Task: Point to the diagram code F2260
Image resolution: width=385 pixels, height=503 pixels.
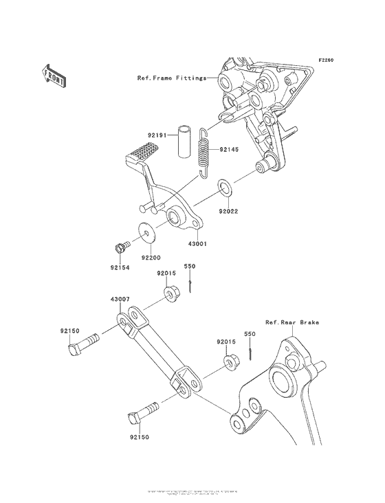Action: pos(325,60)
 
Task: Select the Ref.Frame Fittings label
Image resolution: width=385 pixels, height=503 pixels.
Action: pos(171,79)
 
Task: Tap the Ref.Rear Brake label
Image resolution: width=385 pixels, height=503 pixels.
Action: pos(292,322)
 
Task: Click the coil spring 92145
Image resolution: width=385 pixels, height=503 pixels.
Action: pos(203,152)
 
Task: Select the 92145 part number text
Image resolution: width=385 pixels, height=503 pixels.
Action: pos(228,149)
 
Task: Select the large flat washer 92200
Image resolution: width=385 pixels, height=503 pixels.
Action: pos(148,234)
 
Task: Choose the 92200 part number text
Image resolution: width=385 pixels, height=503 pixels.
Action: pos(151,259)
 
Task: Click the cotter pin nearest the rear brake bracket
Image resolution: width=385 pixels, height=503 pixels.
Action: pos(252,351)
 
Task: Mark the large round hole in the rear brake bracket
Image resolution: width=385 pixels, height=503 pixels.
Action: pos(282,379)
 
